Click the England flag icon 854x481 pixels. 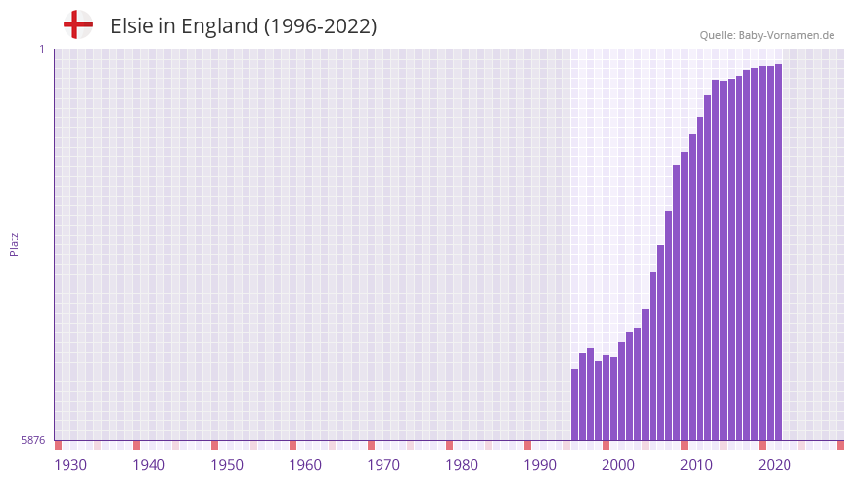[x=78, y=25]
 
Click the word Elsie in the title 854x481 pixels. [x=130, y=26]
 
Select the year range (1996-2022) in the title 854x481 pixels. [x=320, y=26]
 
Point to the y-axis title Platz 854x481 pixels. [x=14, y=244]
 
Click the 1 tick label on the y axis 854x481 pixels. [x=42, y=49]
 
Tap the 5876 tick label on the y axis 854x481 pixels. [x=33, y=441]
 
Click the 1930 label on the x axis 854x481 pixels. [x=70, y=465]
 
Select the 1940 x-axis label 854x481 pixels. [x=149, y=465]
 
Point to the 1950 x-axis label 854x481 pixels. [x=227, y=465]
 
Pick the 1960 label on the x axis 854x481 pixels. [x=305, y=465]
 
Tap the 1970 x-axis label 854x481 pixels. [x=383, y=465]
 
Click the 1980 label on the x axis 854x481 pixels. [x=462, y=465]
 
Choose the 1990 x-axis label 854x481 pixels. [x=540, y=465]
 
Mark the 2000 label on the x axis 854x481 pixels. [x=618, y=465]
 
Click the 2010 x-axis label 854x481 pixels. [x=697, y=465]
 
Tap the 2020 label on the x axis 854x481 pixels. [x=775, y=465]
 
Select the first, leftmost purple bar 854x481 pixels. [x=575, y=405]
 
